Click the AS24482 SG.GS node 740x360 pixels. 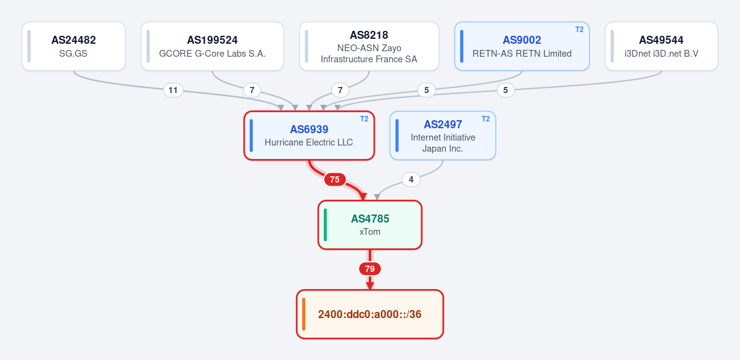pyautogui.click(x=73, y=46)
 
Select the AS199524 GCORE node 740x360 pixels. pyautogui.click(x=212, y=46)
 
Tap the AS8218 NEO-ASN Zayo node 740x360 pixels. pyautogui.click(x=369, y=46)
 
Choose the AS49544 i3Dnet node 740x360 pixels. pyautogui.click(x=661, y=46)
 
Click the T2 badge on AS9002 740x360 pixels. pyautogui.click(x=580, y=30)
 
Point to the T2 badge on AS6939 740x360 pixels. pyautogui.click(x=364, y=119)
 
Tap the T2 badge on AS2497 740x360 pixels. pyautogui.click(x=486, y=119)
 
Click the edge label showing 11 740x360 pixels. pyautogui.click(x=173, y=90)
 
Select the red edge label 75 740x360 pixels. pyautogui.click(x=335, y=179)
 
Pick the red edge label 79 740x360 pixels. pyautogui.click(x=370, y=269)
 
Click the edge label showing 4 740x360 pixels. pyautogui.click(x=411, y=179)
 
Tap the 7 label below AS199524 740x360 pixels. pyautogui.click(x=252, y=90)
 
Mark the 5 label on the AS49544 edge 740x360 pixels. pyautogui.click(x=506, y=90)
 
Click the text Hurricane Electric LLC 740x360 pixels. pyautogui.click(x=309, y=142)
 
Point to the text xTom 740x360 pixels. pyautogui.click(x=370, y=232)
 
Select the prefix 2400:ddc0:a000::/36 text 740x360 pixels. pyautogui.click(x=369, y=314)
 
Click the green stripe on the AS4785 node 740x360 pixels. pyautogui.click(x=326, y=225)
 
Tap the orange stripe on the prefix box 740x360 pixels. pyautogui.click(x=304, y=314)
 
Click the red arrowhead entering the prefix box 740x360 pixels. pyautogui.click(x=370, y=286)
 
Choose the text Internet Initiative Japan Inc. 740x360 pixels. pyautogui.click(x=443, y=143)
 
